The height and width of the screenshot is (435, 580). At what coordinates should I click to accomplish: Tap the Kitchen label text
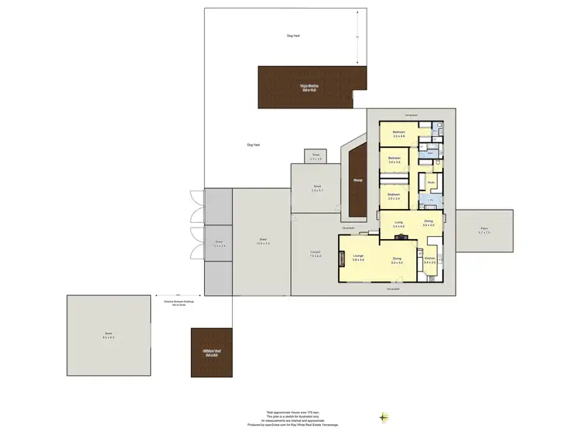(430, 260)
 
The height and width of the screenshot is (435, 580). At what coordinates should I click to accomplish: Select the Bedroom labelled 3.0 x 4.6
(399, 134)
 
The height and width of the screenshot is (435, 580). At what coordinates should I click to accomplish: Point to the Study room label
(431, 183)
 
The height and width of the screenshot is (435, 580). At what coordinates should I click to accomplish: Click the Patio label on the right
(483, 231)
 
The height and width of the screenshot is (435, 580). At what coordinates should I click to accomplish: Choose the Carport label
(315, 254)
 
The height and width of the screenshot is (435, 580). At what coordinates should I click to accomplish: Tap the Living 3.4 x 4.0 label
(398, 224)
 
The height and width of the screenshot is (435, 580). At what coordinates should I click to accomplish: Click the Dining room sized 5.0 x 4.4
(397, 260)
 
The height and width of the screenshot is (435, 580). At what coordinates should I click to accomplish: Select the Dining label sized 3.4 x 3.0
(428, 224)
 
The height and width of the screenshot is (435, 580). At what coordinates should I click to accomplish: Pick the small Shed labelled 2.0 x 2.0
(316, 156)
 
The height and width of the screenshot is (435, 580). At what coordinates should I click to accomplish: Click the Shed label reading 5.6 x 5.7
(316, 187)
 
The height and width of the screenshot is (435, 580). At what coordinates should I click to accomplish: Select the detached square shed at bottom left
(109, 336)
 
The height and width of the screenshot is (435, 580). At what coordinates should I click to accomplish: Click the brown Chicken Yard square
(212, 353)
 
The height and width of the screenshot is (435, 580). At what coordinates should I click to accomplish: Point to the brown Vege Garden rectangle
(309, 87)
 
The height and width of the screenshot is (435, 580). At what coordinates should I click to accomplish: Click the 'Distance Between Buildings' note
(179, 303)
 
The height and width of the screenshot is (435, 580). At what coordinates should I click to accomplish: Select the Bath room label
(431, 153)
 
